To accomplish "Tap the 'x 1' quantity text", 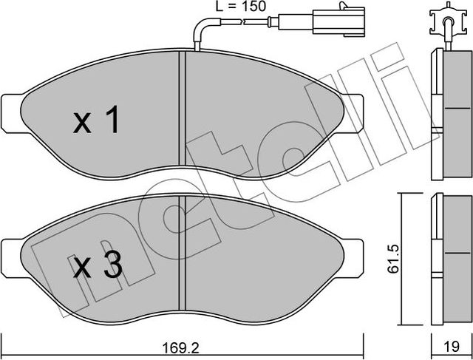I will click(x=96, y=122).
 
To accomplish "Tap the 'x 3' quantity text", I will click(x=96, y=265).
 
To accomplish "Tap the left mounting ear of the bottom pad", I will click(x=12, y=254).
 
